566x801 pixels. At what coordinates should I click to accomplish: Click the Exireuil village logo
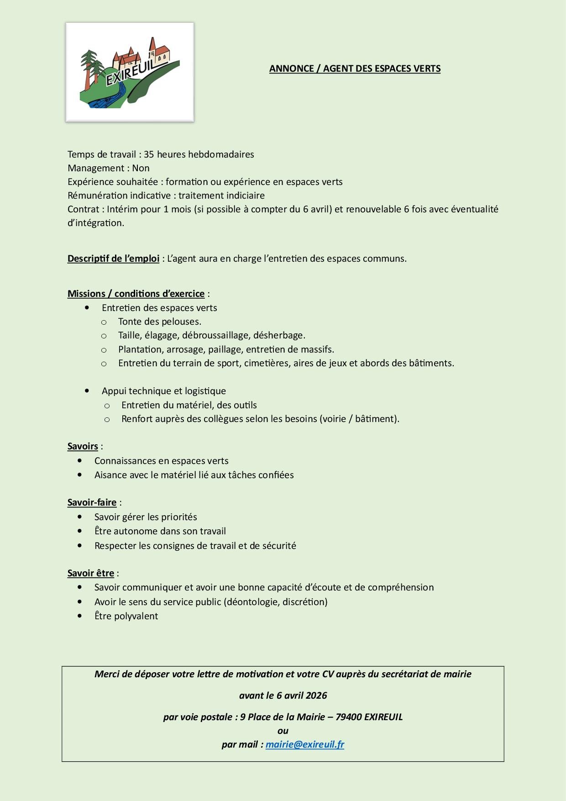[130, 72]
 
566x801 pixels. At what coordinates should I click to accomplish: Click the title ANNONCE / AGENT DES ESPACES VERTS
[355, 69]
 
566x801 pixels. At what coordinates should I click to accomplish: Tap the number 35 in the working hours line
[149, 154]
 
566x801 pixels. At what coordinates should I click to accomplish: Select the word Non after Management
[141, 168]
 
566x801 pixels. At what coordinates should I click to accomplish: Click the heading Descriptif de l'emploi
[113, 258]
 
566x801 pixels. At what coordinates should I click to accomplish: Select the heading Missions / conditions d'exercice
[136, 294]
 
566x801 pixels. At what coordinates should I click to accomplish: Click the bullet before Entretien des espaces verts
[87, 308]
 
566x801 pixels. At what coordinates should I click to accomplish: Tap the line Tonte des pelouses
[159, 321]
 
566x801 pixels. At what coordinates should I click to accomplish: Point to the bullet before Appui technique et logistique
[87, 391]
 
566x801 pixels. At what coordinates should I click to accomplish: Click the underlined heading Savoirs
[83, 446]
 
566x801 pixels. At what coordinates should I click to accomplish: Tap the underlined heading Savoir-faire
[92, 502]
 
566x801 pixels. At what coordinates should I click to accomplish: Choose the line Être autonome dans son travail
[160, 531]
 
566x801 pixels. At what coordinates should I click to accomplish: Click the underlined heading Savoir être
[90, 573]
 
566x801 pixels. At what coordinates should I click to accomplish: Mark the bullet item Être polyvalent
[126, 616]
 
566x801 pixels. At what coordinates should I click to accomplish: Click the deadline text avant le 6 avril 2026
[283, 696]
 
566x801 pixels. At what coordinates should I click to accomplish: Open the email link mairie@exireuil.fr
[305, 744]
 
